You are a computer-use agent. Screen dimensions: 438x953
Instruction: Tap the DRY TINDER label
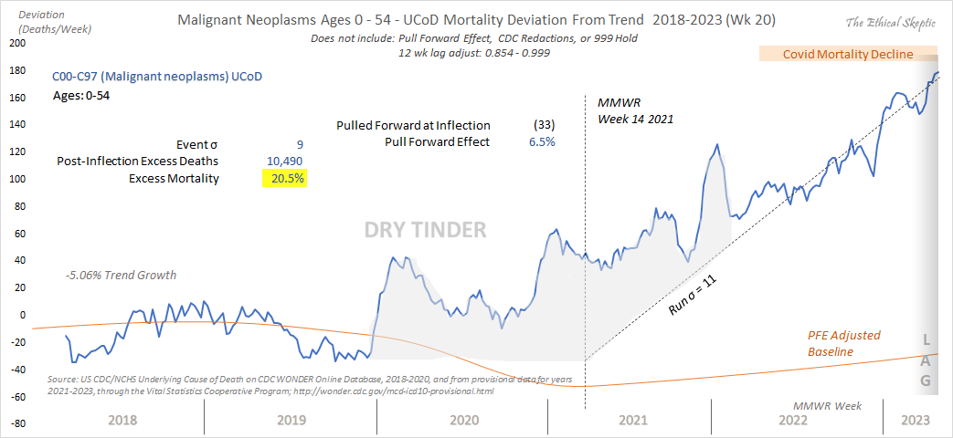(425, 230)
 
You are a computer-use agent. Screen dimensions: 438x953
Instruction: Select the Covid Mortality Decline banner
(848, 54)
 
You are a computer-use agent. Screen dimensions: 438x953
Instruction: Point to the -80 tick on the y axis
(16, 424)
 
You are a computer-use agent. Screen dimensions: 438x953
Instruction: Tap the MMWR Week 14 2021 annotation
(630, 111)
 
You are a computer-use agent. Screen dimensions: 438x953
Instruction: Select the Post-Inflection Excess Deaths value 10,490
(283, 161)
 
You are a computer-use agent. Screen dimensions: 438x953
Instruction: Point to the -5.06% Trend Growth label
(121, 275)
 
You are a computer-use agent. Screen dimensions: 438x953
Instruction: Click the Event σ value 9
(300, 144)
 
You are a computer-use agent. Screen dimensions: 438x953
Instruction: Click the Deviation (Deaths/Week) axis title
(45, 21)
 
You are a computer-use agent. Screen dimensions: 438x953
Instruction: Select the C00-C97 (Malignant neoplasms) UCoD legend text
(157, 77)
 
